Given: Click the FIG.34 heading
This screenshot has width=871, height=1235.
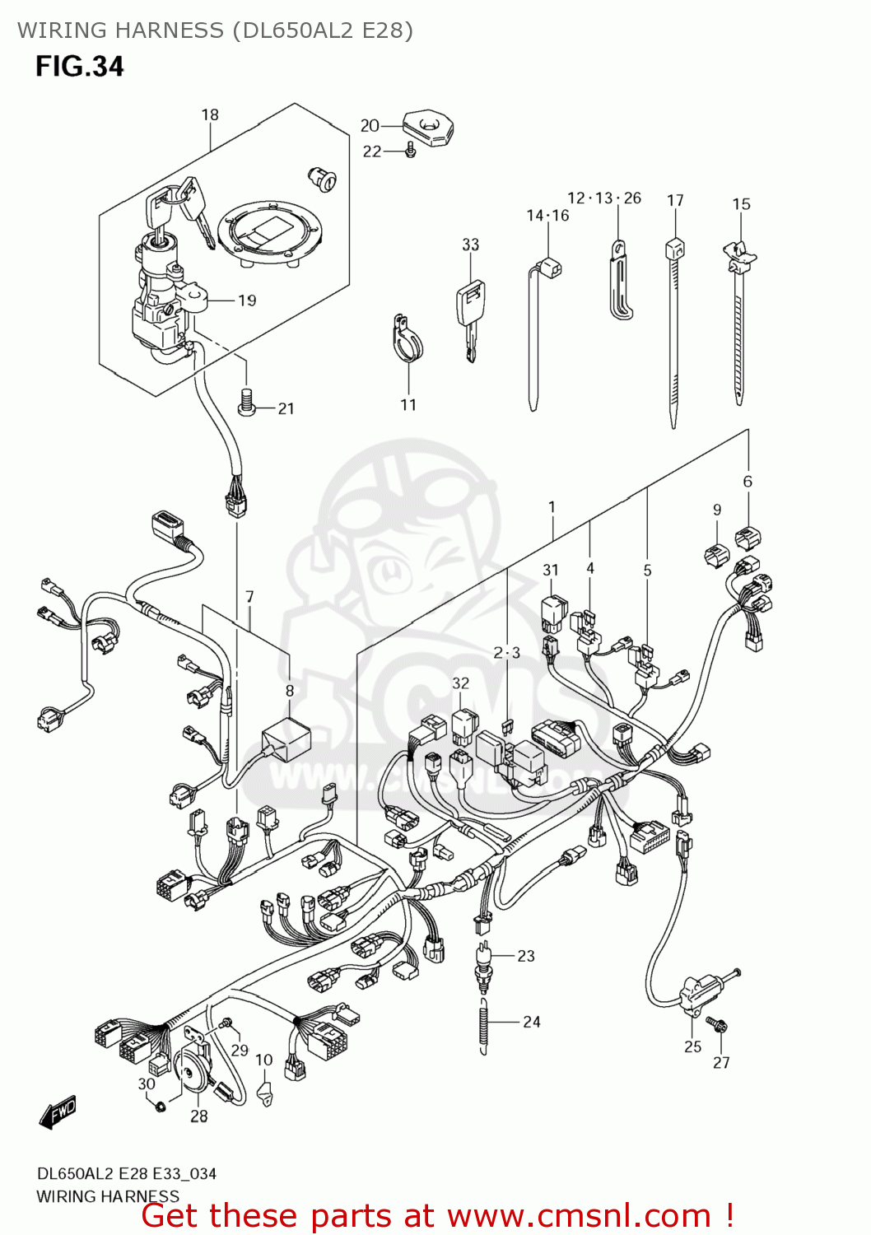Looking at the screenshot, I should (79, 66).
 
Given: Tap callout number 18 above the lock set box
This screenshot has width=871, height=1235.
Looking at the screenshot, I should (210, 115).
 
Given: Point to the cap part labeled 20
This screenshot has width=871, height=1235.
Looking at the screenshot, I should (428, 128).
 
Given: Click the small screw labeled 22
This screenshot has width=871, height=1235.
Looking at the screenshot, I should (411, 151).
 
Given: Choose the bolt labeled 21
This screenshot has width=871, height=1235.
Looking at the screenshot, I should (245, 401).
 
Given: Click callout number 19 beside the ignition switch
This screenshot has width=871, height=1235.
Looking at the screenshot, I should (247, 301).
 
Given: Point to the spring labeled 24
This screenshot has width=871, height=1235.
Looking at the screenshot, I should (483, 1022).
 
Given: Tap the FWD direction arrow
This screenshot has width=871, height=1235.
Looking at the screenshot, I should (58, 1111).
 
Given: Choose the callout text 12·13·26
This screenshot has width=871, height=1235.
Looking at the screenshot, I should (604, 198).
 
